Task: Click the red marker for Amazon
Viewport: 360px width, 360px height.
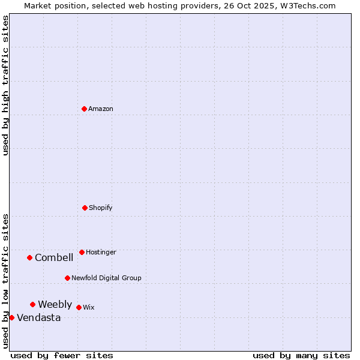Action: [x=84, y=109]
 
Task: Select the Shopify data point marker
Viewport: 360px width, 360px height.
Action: [x=85, y=208]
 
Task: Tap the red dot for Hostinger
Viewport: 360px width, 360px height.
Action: [x=82, y=252]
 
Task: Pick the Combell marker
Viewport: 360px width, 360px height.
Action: [x=29, y=257]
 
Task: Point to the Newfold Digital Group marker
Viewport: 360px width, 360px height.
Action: [x=67, y=278]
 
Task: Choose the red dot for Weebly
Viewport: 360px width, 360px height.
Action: [x=32, y=304]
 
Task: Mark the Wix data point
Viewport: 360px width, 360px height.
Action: [x=79, y=307]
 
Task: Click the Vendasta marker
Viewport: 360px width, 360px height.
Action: [x=11, y=317]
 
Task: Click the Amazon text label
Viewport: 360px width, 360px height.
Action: [x=101, y=109]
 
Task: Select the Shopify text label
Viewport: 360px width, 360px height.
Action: [x=101, y=208]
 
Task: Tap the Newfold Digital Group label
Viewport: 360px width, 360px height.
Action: [x=106, y=278]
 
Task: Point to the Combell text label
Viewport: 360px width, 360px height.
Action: [x=54, y=257]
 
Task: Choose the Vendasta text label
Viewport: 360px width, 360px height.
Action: [x=38, y=317]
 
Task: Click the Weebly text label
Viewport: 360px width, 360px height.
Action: [x=55, y=304]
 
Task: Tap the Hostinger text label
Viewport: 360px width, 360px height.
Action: [x=101, y=252]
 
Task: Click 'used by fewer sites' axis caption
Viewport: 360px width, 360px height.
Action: [x=62, y=355]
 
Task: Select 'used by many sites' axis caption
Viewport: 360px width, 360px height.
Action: [x=301, y=355]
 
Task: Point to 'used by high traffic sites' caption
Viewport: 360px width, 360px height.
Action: [x=5, y=85]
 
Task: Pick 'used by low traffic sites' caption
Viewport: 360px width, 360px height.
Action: [x=5, y=280]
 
